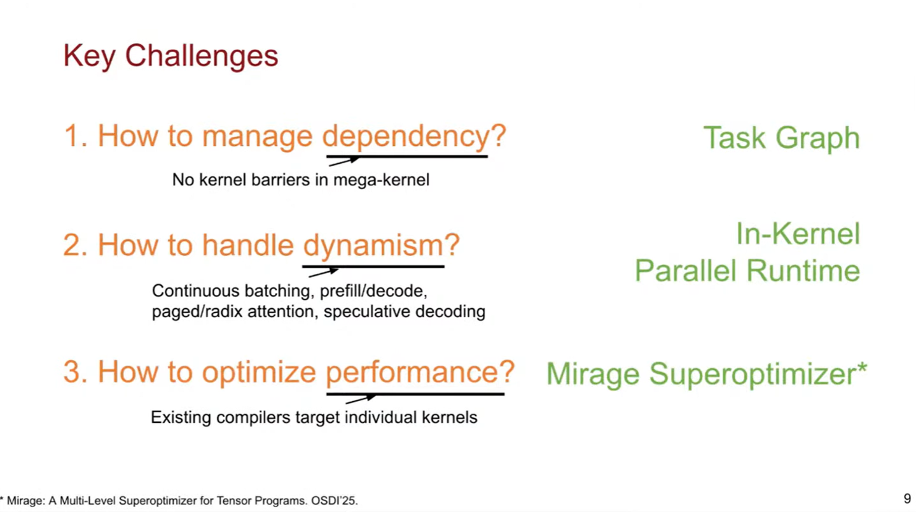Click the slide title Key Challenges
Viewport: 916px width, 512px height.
tap(170, 56)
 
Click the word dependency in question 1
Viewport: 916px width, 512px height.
tap(413, 136)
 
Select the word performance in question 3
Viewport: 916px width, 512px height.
tap(419, 372)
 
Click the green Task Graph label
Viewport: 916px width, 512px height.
tap(781, 138)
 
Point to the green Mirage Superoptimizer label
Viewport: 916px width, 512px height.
tap(706, 374)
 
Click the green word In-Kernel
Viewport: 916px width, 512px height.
tap(798, 234)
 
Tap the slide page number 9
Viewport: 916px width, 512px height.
tap(907, 499)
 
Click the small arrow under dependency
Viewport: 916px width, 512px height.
tap(344, 162)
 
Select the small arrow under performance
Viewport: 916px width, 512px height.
tap(360, 399)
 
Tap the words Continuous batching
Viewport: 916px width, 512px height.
tap(232, 291)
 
